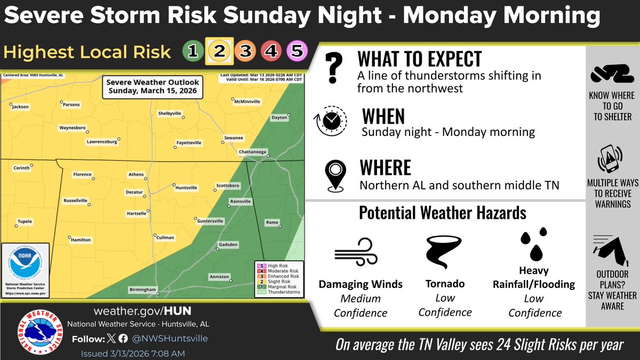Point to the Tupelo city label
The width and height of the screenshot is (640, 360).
click(x=24, y=221)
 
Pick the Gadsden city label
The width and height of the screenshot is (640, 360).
click(x=228, y=245)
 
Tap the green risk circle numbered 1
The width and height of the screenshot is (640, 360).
click(x=193, y=52)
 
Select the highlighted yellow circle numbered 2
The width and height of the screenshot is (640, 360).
click(x=219, y=52)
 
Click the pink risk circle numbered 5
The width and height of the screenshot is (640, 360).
click(x=297, y=52)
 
